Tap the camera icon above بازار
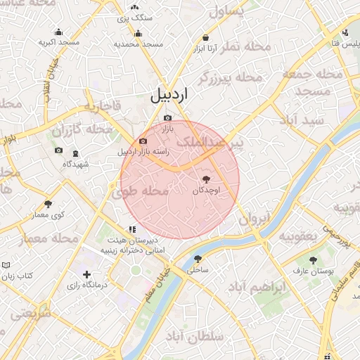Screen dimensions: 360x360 point(167,118)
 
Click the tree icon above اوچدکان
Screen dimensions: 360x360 point(206,179)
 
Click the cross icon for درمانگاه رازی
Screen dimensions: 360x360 point(86,274)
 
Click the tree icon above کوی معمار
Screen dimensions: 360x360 point(49,203)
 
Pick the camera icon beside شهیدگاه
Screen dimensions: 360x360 point(58,150)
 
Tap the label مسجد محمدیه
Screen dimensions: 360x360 point(139,44)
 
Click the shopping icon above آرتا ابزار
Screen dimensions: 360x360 point(205,38)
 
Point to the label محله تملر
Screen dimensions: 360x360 point(245,46)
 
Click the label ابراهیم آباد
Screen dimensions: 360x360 point(259,288)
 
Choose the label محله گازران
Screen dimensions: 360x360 point(82,130)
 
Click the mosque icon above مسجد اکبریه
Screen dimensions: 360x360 point(58,32)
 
